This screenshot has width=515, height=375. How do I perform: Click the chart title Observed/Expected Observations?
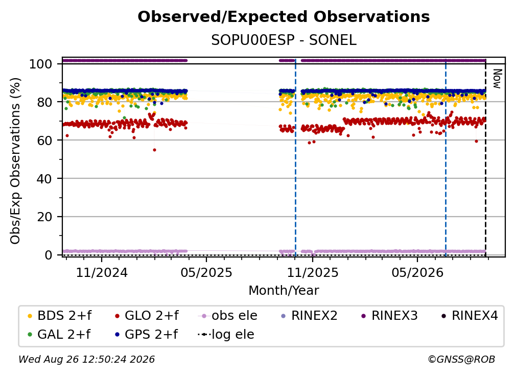[284, 17]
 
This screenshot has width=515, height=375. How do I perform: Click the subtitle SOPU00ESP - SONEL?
[284, 40]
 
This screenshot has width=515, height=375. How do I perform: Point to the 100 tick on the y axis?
[41, 64]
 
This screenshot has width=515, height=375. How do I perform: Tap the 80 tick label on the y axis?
[44, 102]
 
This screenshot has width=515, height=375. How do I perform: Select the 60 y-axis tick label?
[44, 140]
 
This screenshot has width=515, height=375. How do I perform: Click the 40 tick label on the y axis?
[44, 179]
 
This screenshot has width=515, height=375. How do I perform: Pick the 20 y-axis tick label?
[44, 217]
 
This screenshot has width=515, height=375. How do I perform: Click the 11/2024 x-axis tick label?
[102, 272]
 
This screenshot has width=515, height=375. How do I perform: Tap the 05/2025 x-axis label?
[206, 272]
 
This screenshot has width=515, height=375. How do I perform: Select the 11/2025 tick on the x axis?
[313, 272]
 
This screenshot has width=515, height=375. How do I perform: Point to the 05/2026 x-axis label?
[417, 272]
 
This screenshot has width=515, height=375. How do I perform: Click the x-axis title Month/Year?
[284, 291]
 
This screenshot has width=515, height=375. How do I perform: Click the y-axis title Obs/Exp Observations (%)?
[15, 161]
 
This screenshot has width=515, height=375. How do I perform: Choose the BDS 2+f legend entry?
[59, 316]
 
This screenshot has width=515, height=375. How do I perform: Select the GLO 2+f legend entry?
[147, 316]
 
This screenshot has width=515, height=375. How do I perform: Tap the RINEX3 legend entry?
[389, 316]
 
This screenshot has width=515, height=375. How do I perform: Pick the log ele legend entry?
[226, 335]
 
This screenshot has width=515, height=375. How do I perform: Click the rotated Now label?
[497, 79]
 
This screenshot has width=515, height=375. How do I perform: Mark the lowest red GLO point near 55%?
[154, 150]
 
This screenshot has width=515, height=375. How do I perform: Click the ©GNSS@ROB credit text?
[461, 359]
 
